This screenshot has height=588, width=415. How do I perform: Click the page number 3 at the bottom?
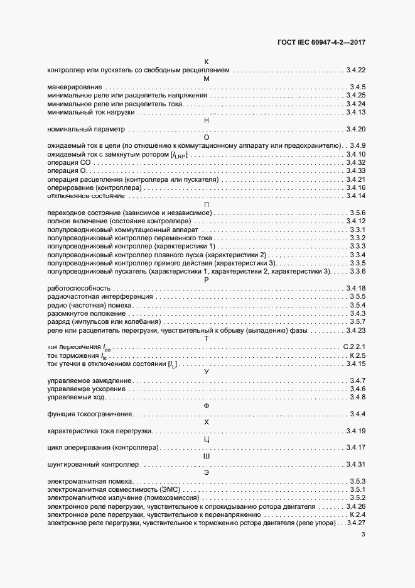point(364,535)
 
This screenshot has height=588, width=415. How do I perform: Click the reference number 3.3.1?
point(357,230)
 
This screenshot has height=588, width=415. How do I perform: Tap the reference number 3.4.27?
point(355,523)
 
